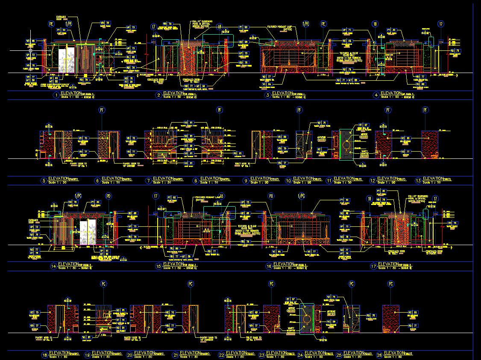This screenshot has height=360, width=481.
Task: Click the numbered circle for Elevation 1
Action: pyautogui.click(x=56, y=95)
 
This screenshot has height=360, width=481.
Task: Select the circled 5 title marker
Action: pyautogui.click(x=44, y=181)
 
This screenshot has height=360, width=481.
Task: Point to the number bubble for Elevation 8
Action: pyautogui.click(x=196, y=181)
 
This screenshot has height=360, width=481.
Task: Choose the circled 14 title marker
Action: pyautogui.click(x=53, y=266)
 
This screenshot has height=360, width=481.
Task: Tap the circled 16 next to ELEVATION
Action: pyautogui.click(x=269, y=266)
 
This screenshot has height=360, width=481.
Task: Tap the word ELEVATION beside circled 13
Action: pyautogui.click(x=432, y=179)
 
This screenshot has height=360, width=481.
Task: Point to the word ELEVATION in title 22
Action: pyautogui.click(x=236, y=353)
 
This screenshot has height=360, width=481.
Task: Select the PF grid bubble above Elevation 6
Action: pyautogui.click(x=102, y=110)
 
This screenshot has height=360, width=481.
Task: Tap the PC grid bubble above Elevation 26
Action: pyautogui.click(x=390, y=284)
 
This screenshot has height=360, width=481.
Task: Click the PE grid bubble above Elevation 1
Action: pyautogui.click(x=52, y=24)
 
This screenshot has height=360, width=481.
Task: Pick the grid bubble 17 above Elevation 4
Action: pyautogui.click(x=441, y=24)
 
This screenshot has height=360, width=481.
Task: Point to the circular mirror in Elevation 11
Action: pyautogui.click(x=346, y=145)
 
